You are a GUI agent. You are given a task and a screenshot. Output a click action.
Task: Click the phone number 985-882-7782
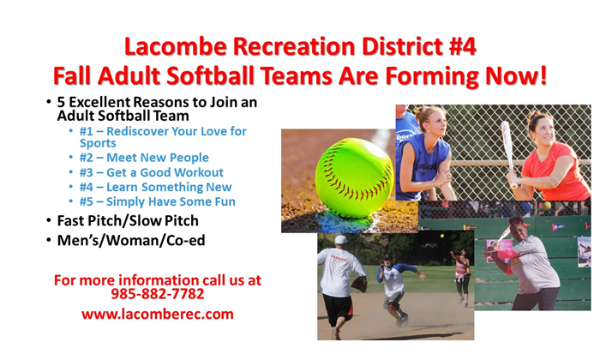pos(157,294)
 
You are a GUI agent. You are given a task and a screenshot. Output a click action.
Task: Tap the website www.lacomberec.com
pos(157,314)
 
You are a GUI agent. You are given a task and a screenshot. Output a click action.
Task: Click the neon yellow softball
pos(354,178)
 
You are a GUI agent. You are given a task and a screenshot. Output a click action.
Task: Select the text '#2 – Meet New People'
pos(144,158)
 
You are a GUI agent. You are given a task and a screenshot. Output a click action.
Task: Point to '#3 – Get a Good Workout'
pos(151,172)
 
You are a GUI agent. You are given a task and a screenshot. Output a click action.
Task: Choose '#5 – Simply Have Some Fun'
pos(157,201)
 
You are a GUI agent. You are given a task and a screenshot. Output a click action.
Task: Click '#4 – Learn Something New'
pos(155,187)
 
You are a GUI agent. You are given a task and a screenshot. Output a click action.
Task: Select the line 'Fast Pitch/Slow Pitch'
pos(128,221)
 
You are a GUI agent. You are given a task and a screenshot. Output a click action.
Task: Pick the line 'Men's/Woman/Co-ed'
pos(131,241)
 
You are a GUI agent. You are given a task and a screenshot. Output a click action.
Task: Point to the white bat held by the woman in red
pos(508,153)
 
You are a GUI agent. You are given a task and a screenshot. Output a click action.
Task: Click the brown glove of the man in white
pos(359,284)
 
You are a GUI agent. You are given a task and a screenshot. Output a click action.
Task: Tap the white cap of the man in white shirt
pos(341,240)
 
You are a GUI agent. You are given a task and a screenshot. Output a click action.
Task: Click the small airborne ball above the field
pos(442,236)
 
